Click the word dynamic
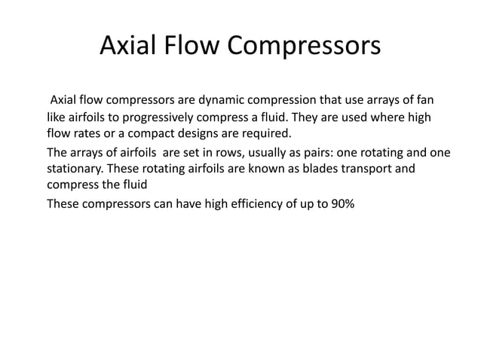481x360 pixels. coord(218,100)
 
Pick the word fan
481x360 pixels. coord(422,100)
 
